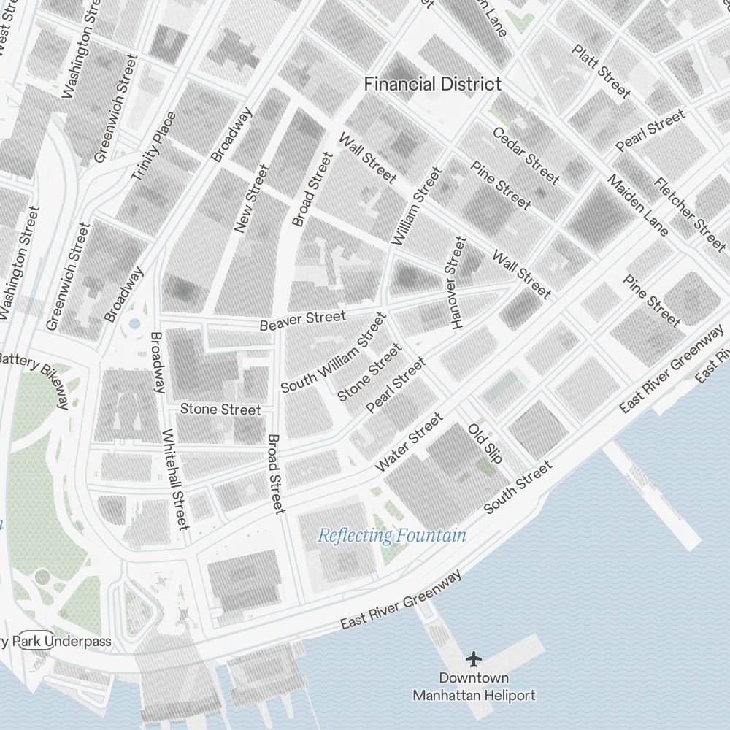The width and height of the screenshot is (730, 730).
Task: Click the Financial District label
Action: click(433, 84)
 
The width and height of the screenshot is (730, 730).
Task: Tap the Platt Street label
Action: click(601, 71)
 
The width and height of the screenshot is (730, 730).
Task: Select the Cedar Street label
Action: click(526, 155)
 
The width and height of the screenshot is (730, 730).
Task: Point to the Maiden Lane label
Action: click(637, 207)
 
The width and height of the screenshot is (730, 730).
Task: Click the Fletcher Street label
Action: click(690, 214)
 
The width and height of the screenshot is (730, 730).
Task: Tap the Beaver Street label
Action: click(302, 320)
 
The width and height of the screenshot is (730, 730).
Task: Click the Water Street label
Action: click(409, 442)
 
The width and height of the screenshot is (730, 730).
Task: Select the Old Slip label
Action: click(485, 443)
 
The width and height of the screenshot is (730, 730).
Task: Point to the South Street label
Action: click(518, 487)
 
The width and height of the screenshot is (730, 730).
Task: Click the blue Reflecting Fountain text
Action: click(392, 536)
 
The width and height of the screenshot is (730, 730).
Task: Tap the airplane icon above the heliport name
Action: click(474, 659)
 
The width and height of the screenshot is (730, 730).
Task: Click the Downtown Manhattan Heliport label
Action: click(474, 687)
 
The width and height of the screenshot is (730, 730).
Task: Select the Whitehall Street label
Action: click(175, 479)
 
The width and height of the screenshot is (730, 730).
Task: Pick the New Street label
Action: click(252, 199)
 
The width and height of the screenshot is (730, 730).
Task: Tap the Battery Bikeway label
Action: click(40, 375)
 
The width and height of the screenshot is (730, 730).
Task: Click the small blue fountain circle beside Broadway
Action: click(134, 322)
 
